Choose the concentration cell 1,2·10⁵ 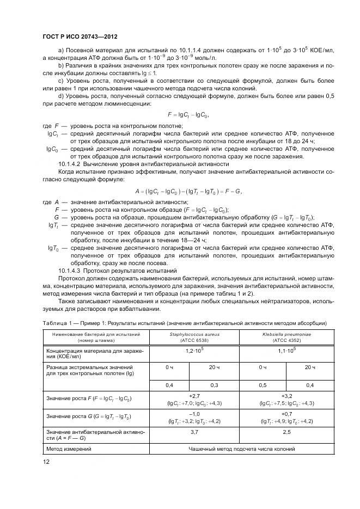194,352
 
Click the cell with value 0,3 214,385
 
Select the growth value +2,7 194,396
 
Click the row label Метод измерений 69,449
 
